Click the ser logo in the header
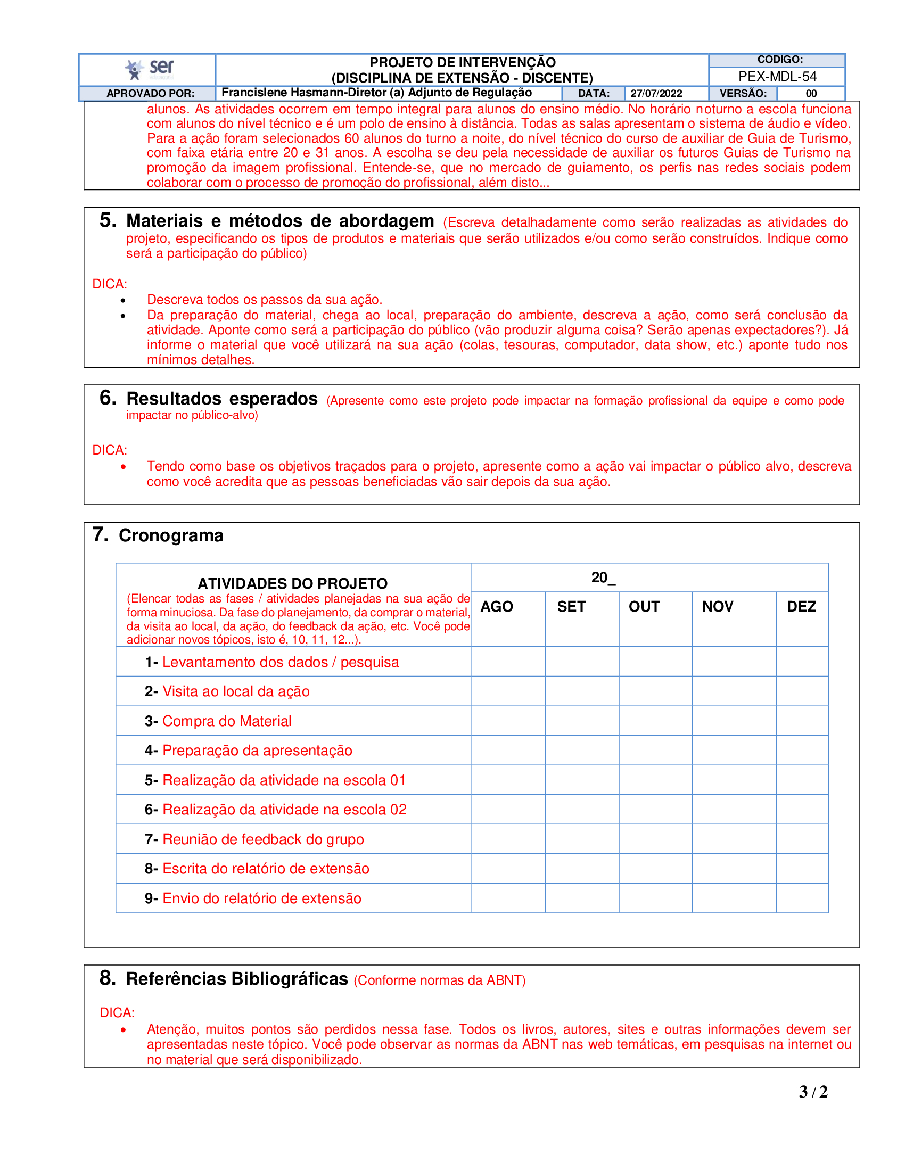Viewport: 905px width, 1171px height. click(149, 69)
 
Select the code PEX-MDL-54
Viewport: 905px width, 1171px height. click(777, 77)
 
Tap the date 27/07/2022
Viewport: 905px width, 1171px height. click(656, 93)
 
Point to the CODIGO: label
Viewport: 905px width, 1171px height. click(779, 60)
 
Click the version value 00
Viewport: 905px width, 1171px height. click(811, 93)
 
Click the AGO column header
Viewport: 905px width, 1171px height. click(497, 606)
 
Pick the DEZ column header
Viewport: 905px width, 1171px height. click(801, 606)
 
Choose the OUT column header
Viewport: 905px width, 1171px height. click(644, 606)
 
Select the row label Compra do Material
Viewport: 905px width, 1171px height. click(227, 721)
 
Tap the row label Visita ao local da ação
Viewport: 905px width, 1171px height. click(236, 691)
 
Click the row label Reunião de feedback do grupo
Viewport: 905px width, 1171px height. click(262, 839)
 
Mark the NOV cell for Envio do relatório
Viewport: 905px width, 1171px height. click(734, 898)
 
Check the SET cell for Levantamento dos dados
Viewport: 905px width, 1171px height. click(582, 662)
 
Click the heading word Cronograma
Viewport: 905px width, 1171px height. click(170, 535)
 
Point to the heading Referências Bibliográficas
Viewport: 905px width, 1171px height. click(237, 979)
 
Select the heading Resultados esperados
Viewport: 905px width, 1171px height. click(222, 399)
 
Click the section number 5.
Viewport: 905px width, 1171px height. click(107, 220)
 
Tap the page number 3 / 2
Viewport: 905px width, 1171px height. click(813, 1092)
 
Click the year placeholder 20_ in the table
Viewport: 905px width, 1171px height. click(603, 578)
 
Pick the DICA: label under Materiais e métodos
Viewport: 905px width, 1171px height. click(109, 284)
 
